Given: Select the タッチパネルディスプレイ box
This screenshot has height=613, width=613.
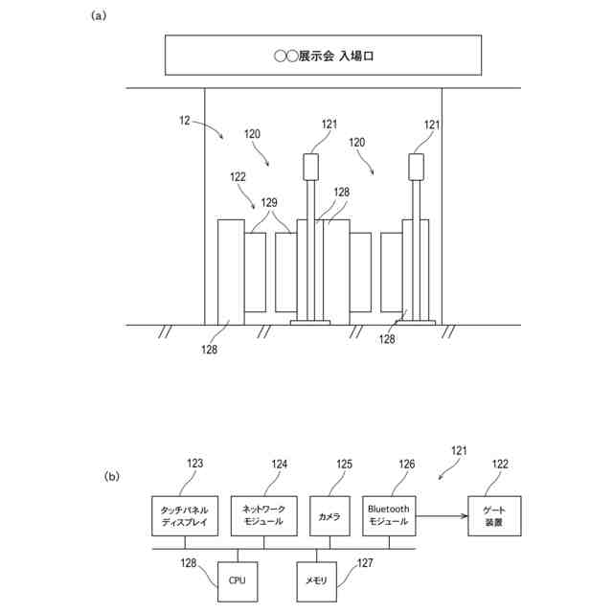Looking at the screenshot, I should pos(187,516).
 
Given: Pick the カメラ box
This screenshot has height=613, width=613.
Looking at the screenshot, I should pos(329,516).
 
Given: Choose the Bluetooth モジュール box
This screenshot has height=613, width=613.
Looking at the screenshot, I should pos(389,516).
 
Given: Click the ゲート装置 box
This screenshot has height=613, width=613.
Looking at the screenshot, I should pos(494,516).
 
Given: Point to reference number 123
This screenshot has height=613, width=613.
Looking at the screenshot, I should pos(194,465).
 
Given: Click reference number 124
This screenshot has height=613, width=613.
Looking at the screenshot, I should pos(279,465).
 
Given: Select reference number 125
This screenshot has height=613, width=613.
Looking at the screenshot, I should pos(344,465).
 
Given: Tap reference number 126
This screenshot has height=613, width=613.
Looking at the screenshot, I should pos(407,465).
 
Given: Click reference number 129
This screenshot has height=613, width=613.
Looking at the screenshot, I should pos(269,203).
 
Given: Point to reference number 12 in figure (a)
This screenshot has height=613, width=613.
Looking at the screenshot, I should pos(185,121).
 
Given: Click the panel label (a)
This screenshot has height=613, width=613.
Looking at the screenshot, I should pos(98,16).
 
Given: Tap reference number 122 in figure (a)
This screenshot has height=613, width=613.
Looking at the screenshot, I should pos(238,177).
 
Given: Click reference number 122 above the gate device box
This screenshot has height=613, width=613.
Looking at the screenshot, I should pos(500,465).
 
